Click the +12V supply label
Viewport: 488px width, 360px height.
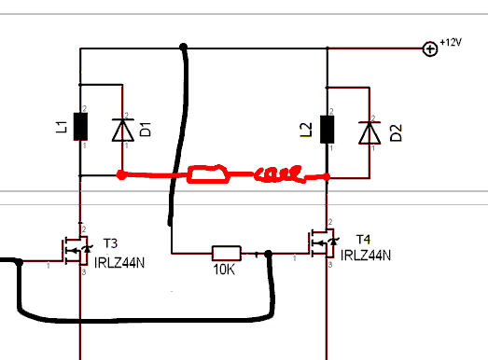point(451,42)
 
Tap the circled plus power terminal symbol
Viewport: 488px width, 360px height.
point(430,48)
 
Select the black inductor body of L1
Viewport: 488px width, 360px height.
point(80,126)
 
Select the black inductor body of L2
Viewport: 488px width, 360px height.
point(328,129)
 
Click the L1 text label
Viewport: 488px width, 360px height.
point(62,127)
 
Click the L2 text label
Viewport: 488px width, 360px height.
point(306,130)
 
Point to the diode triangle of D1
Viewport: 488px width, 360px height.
point(123,130)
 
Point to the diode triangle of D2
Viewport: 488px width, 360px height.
point(369,132)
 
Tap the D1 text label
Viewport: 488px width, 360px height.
point(146,130)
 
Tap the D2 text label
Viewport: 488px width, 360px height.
point(396,132)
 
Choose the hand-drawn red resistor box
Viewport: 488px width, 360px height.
point(208,174)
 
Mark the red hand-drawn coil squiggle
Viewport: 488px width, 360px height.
point(279,174)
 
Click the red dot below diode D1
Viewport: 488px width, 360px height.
point(121,174)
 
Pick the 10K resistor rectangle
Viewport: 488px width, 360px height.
point(227,254)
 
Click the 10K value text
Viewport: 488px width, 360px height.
point(224,270)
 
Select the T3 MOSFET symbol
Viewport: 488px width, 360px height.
point(77,251)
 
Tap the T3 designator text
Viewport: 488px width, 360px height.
point(110,243)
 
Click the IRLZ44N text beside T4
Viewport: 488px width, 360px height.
point(366,256)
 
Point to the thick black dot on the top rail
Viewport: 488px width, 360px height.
point(183,47)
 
